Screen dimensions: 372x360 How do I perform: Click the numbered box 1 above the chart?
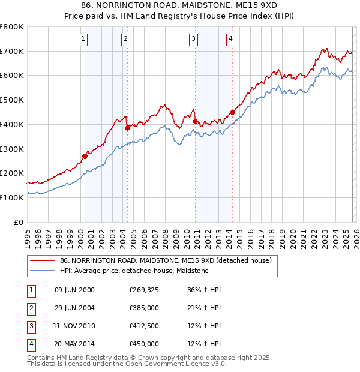click(82, 40)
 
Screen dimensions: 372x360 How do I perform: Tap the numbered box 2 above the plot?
click(125, 40)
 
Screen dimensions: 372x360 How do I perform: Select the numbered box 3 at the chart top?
click(194, 40)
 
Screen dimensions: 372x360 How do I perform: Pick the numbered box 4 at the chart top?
click(230, 40)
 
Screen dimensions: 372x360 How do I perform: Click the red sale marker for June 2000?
click(85, 157)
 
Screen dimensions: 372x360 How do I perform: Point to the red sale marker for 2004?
click(127, 128)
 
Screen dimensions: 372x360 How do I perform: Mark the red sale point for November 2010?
click(195, 121)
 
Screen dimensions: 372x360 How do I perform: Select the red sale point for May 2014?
click(232, 112)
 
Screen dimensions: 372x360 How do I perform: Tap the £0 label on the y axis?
click(19, 222)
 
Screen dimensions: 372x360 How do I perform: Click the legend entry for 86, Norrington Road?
click(166, 260)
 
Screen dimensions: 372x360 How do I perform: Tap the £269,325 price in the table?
click(143, 290)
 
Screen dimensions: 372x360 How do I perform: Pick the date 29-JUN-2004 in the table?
click(74, 308)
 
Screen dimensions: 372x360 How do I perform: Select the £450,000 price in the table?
click(143, 344)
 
